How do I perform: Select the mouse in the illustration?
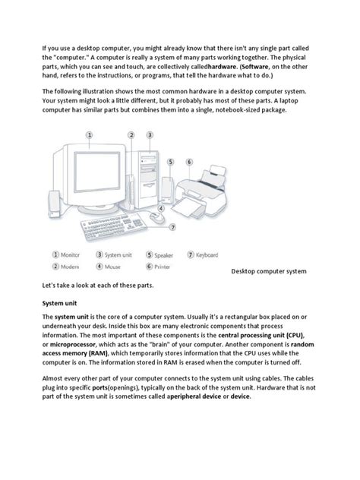(156, 219)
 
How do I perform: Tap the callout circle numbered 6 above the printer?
(189, 162)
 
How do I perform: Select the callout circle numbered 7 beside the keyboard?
(173, 226)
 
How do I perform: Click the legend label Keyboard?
(206, 255)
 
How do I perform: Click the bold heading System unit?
(59, 302)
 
